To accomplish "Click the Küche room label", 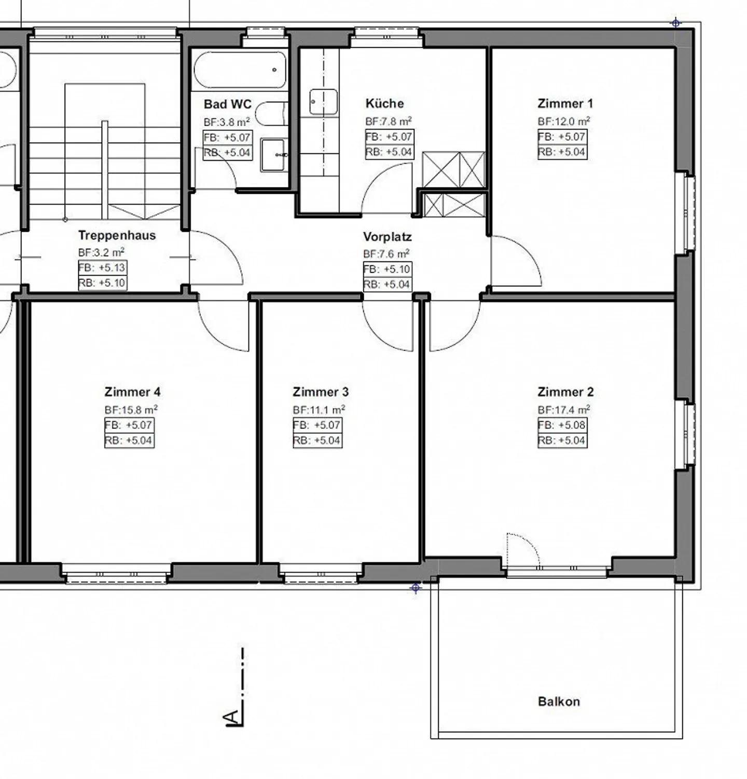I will [384, 103].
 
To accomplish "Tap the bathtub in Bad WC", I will [240, 70].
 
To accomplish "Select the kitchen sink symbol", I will [324, 102].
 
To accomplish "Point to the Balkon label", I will [559, 702].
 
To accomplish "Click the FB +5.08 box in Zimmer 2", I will [562, 425].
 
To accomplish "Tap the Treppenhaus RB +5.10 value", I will [102, 283].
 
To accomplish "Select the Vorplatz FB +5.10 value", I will [387, 269].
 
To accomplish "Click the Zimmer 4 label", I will [132, 392].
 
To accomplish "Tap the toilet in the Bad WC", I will [271, 114].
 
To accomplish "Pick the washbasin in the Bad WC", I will [273, 154].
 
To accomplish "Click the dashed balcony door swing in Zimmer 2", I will [523, 550].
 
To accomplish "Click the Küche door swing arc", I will [386, 187].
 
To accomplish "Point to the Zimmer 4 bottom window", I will [117, 574].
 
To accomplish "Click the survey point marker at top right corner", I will [675, 22].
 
